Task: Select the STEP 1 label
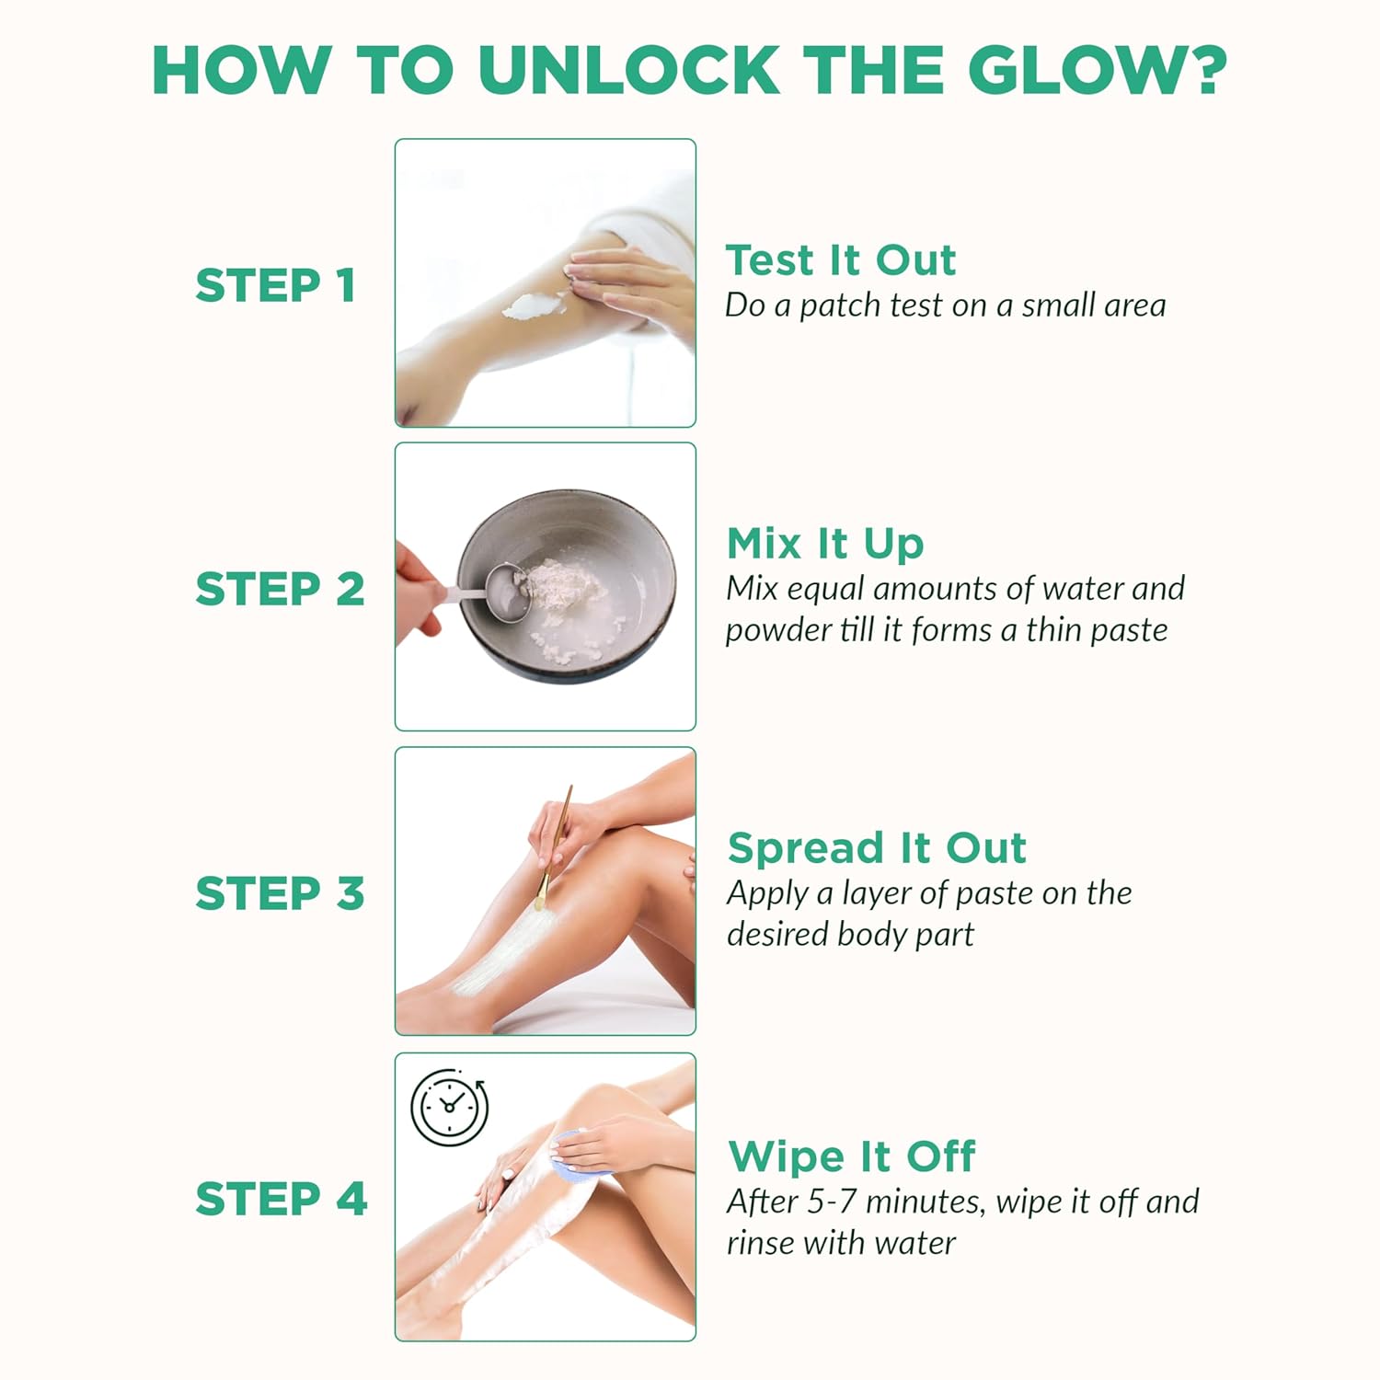click(275, 285)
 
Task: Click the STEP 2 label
click(280, 589)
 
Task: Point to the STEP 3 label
click(280, 893)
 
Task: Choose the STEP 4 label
click(281, 1199)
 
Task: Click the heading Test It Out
click(841, 260)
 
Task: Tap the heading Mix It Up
click(825, 545)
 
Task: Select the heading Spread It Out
click(877, 847)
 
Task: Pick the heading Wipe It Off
click(851, 1156)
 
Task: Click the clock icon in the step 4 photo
click(449, 1108)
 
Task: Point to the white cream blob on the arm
click(535, 304)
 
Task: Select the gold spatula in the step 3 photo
click(554, 848)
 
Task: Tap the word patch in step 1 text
click(836, 306)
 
